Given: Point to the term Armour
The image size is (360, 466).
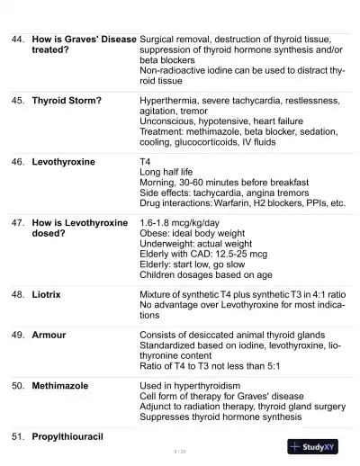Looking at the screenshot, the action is tap(49, 335).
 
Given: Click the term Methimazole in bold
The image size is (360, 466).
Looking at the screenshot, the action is tap(60, 385).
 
